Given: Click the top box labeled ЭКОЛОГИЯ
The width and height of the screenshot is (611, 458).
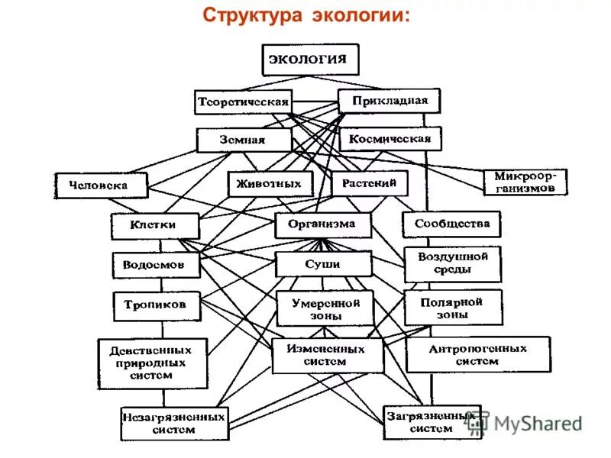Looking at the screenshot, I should [310, 60].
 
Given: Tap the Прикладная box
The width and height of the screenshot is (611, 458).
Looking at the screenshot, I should [389, 101].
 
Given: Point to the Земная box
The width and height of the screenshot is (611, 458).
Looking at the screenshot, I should [244, 140].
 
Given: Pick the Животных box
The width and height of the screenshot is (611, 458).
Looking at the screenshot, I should [270, 183].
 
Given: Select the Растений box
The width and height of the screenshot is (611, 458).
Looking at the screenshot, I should [370, 183].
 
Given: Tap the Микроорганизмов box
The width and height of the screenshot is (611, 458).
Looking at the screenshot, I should [525, 182].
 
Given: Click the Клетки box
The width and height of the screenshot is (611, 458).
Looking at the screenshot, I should [154, 225].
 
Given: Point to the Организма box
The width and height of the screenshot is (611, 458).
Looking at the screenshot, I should [322, 224].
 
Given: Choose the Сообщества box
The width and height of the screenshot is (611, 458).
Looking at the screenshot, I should [451, 224].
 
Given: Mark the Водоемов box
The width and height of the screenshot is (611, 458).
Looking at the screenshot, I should [156, 265].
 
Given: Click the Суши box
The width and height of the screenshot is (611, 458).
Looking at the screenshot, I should [322, 264].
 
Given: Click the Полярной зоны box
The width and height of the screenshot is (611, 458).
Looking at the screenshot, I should [453, 307].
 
